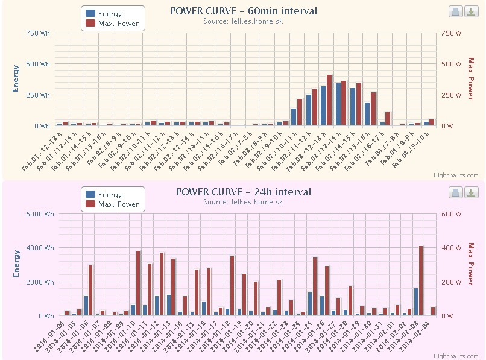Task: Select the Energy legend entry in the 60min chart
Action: tap(109, 13)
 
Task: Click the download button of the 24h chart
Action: tap(471, 192)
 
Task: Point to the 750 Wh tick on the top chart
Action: tap(38, 33)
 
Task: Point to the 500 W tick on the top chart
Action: tap(453, 64)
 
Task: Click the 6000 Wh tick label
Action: tap(37, 214)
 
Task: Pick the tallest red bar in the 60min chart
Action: tap(330, 99)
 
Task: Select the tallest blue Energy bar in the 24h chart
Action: tap(415, 302)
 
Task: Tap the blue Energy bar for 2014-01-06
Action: tap(86, 305)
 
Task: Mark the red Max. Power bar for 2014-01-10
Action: tap(138, 283)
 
